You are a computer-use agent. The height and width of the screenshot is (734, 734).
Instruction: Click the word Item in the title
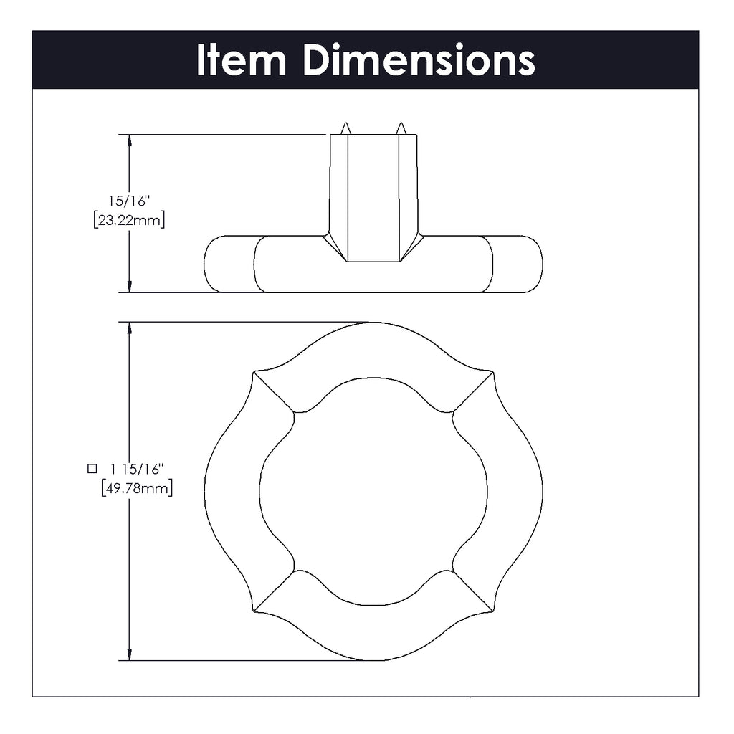click(x=241, y=60)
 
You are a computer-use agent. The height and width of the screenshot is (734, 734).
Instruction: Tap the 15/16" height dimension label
click(x=129, y=201)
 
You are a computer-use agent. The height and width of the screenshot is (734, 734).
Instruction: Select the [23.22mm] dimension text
click(x=129, y=219)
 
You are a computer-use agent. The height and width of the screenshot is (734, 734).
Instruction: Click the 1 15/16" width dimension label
click(x=137, y=469)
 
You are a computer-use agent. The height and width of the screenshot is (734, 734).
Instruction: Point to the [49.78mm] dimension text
click(x=137, y=487)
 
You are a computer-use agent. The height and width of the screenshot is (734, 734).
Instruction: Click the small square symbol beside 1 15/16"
click(x=92, y=469)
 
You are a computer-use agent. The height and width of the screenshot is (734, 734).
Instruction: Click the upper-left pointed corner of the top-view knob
click(x=254, y=373)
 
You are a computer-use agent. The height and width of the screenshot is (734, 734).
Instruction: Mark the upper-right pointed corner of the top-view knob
click(x=493, y=373)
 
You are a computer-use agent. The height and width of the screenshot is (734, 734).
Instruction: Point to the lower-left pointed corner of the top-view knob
click(x=254, y=611)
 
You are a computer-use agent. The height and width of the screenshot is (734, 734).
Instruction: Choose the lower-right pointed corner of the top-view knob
click(x=493, y=611)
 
